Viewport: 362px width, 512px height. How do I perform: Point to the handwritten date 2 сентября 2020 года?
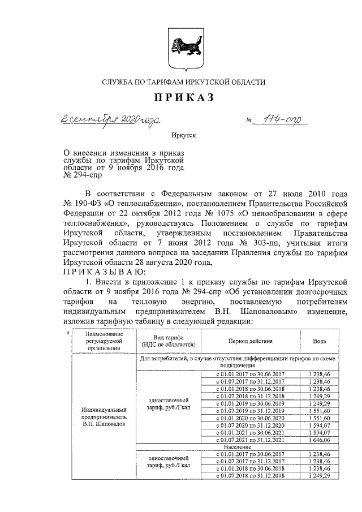pyautogui.click(x=111, y=119)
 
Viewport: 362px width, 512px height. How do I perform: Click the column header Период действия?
pyautogui.click(x=251, y=342)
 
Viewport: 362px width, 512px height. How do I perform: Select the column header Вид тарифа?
pyautogui.click(x=168, y=341)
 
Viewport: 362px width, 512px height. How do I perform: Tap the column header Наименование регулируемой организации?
pyautogui.click(x=104, y=342)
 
